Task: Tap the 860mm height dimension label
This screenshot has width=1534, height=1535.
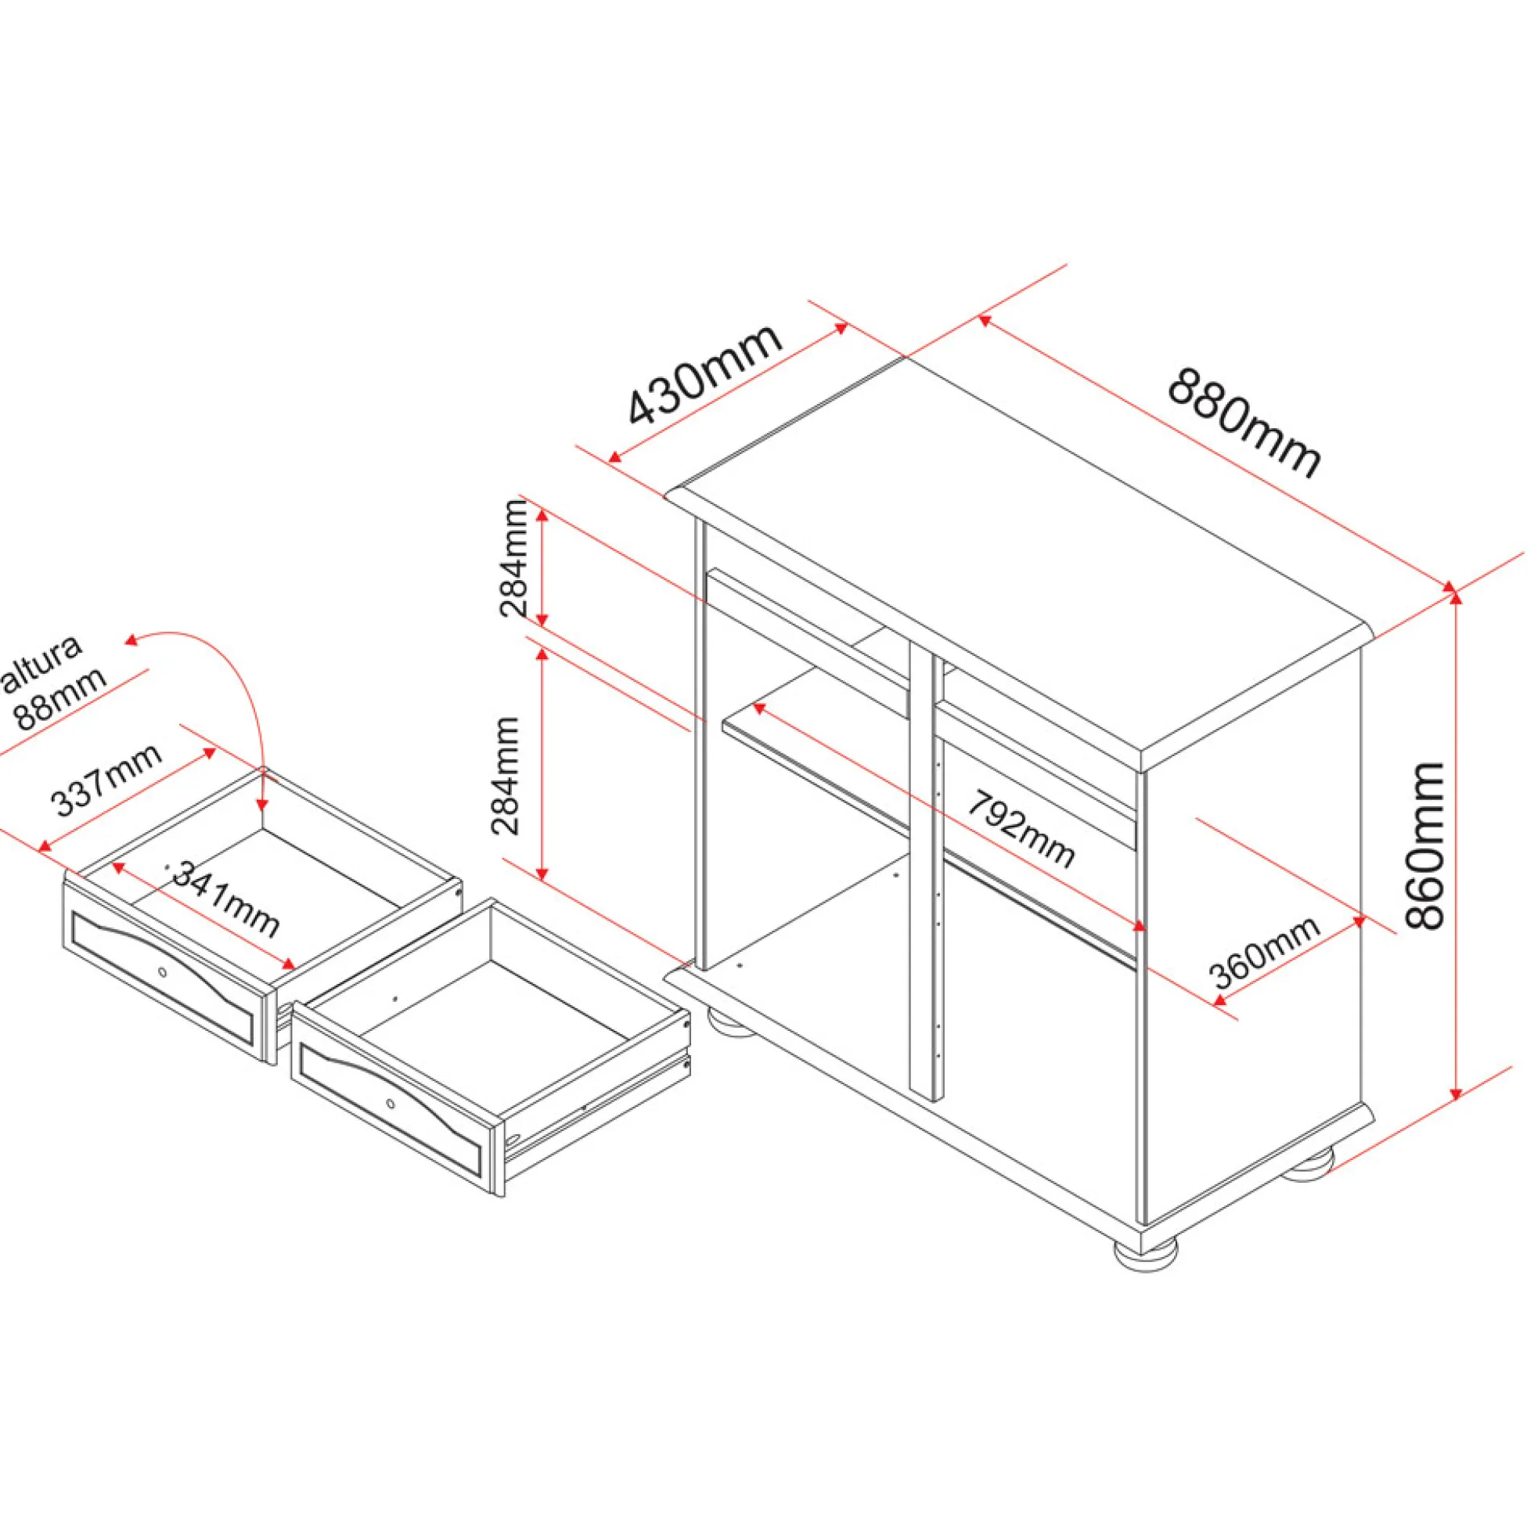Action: (x=1424, y=845)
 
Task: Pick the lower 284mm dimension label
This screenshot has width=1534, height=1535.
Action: (x=506, y=776)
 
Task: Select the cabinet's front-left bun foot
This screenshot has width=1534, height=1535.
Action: (x=729, y=1024)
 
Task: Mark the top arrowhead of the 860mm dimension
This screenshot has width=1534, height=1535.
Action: (x=1456, y=592)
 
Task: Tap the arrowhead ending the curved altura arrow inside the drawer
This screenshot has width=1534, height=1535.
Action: (x=262, y=805)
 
